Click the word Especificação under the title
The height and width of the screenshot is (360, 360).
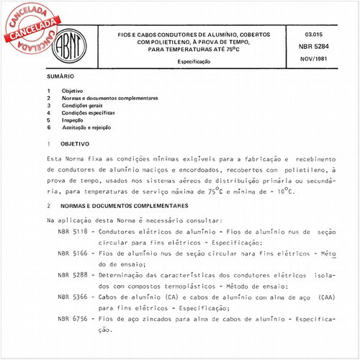pos(195,63)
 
